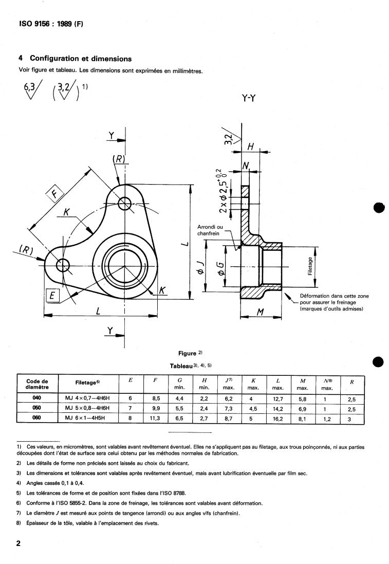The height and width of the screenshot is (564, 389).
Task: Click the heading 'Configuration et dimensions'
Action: (81, 58)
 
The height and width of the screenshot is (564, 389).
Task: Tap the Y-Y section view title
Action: (249, 98)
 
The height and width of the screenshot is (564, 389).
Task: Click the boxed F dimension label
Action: (54, 194)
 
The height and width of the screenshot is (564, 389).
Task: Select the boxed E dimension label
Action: (52, 296)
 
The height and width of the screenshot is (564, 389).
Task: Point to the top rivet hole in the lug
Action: (125, 203)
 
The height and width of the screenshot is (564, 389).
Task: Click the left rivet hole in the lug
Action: (63, 266)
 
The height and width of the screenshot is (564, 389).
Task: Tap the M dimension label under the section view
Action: (261, 312)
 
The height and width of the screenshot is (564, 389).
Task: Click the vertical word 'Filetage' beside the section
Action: (310, 266)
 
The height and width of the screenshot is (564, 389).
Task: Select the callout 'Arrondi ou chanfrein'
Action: (210, 230)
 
